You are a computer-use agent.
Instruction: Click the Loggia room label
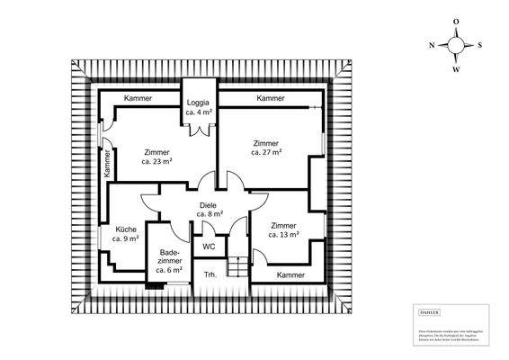[x=198, y=103]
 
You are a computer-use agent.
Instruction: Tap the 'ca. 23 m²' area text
[x=157, y=163]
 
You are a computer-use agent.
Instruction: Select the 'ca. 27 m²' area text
[x=266, y=153]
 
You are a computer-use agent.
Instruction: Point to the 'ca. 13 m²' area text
[x=283, y=234]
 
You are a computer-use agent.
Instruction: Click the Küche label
[x=126, y=229]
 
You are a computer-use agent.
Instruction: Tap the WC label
[x=208, y=246]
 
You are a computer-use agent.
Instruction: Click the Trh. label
[x=210, y=274]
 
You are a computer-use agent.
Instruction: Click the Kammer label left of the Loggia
[x=138, y=97]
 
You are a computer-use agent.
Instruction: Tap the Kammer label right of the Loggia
[x=271, y=97]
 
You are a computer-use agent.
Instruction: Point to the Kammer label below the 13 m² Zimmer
[x=291, y=274]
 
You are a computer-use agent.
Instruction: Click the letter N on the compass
[x=433, y=44]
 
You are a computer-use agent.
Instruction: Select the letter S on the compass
[x=479, y=44]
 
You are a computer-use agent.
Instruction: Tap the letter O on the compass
[x=456, y=22]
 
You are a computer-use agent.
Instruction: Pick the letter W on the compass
[x=456, y=68]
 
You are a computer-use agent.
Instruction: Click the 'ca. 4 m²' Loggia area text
[x=198, y=113]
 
